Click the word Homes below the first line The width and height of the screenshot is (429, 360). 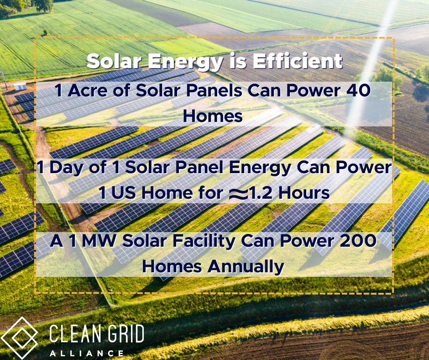[x=213, y=116]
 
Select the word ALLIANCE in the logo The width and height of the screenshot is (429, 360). [x=87, y=353]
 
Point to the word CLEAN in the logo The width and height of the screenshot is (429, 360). [x=72, y=334]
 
